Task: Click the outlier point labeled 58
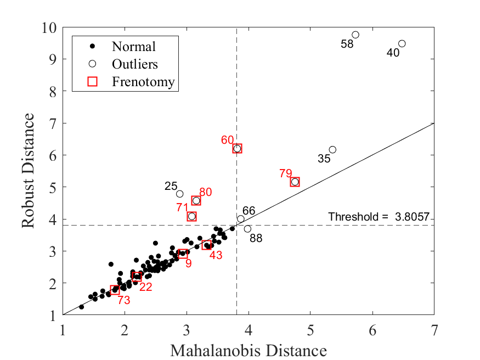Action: [x=355, y=35]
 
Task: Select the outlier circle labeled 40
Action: [x=402, y=43]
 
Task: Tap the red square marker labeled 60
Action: [x=237, y=149]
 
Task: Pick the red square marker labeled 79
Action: [x=295, y=182]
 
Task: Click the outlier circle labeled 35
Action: [x=332, y=150]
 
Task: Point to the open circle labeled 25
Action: [x=180, y=194]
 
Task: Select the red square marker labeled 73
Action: [x=115, y=290]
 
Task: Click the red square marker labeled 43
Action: [x=207, y=245]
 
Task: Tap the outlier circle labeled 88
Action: [x=247, y=229]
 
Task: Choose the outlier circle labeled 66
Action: [x=241, y=218]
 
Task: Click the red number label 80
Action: [x=206, y=192]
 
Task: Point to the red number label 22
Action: [x=145, y=286]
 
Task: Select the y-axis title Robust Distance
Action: [x=29, y=171]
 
